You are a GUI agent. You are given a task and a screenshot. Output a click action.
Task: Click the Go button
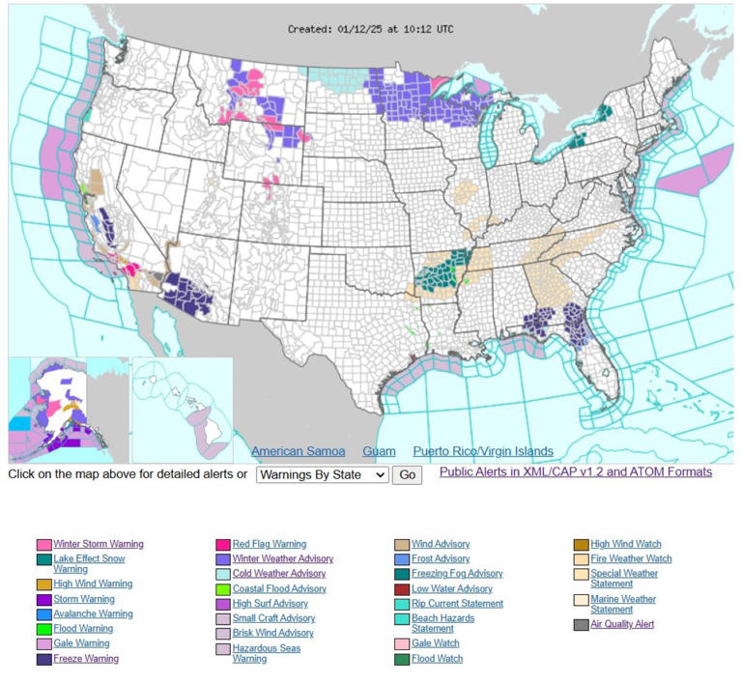[x=407, y=475]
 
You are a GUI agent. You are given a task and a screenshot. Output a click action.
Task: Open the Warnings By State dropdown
[x=322, y=475]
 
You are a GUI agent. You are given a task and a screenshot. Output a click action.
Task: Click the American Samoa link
[x=298, y=451]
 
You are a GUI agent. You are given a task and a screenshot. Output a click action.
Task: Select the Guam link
[x=379, y=451]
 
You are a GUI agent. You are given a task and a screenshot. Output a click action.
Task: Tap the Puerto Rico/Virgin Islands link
[x=483, y=451]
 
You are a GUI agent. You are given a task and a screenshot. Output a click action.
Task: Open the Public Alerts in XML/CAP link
[x=575, y=471]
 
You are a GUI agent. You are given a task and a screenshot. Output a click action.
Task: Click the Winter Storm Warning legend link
[x=98, y=544]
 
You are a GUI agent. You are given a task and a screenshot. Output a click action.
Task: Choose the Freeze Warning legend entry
[x=85, y=659]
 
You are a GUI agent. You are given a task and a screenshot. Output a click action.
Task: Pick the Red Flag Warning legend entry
[x=269, y=544]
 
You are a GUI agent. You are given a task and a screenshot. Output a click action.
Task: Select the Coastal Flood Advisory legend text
[x=279, y=588]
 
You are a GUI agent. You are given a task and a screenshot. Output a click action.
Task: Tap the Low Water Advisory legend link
[x=451, y=588]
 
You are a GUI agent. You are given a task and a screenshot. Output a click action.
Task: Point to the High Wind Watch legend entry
[x=625, y=544]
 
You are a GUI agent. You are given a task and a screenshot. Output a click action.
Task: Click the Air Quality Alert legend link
[x=622, y=624]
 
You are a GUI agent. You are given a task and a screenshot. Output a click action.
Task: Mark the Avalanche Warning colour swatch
[x=44, y=613]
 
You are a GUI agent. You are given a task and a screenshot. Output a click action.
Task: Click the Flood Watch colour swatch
[x=402, y=659]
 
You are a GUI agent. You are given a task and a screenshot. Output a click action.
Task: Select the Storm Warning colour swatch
[x=44, y=599]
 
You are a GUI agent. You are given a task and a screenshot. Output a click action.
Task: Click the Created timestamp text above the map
[x=370, y=29]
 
